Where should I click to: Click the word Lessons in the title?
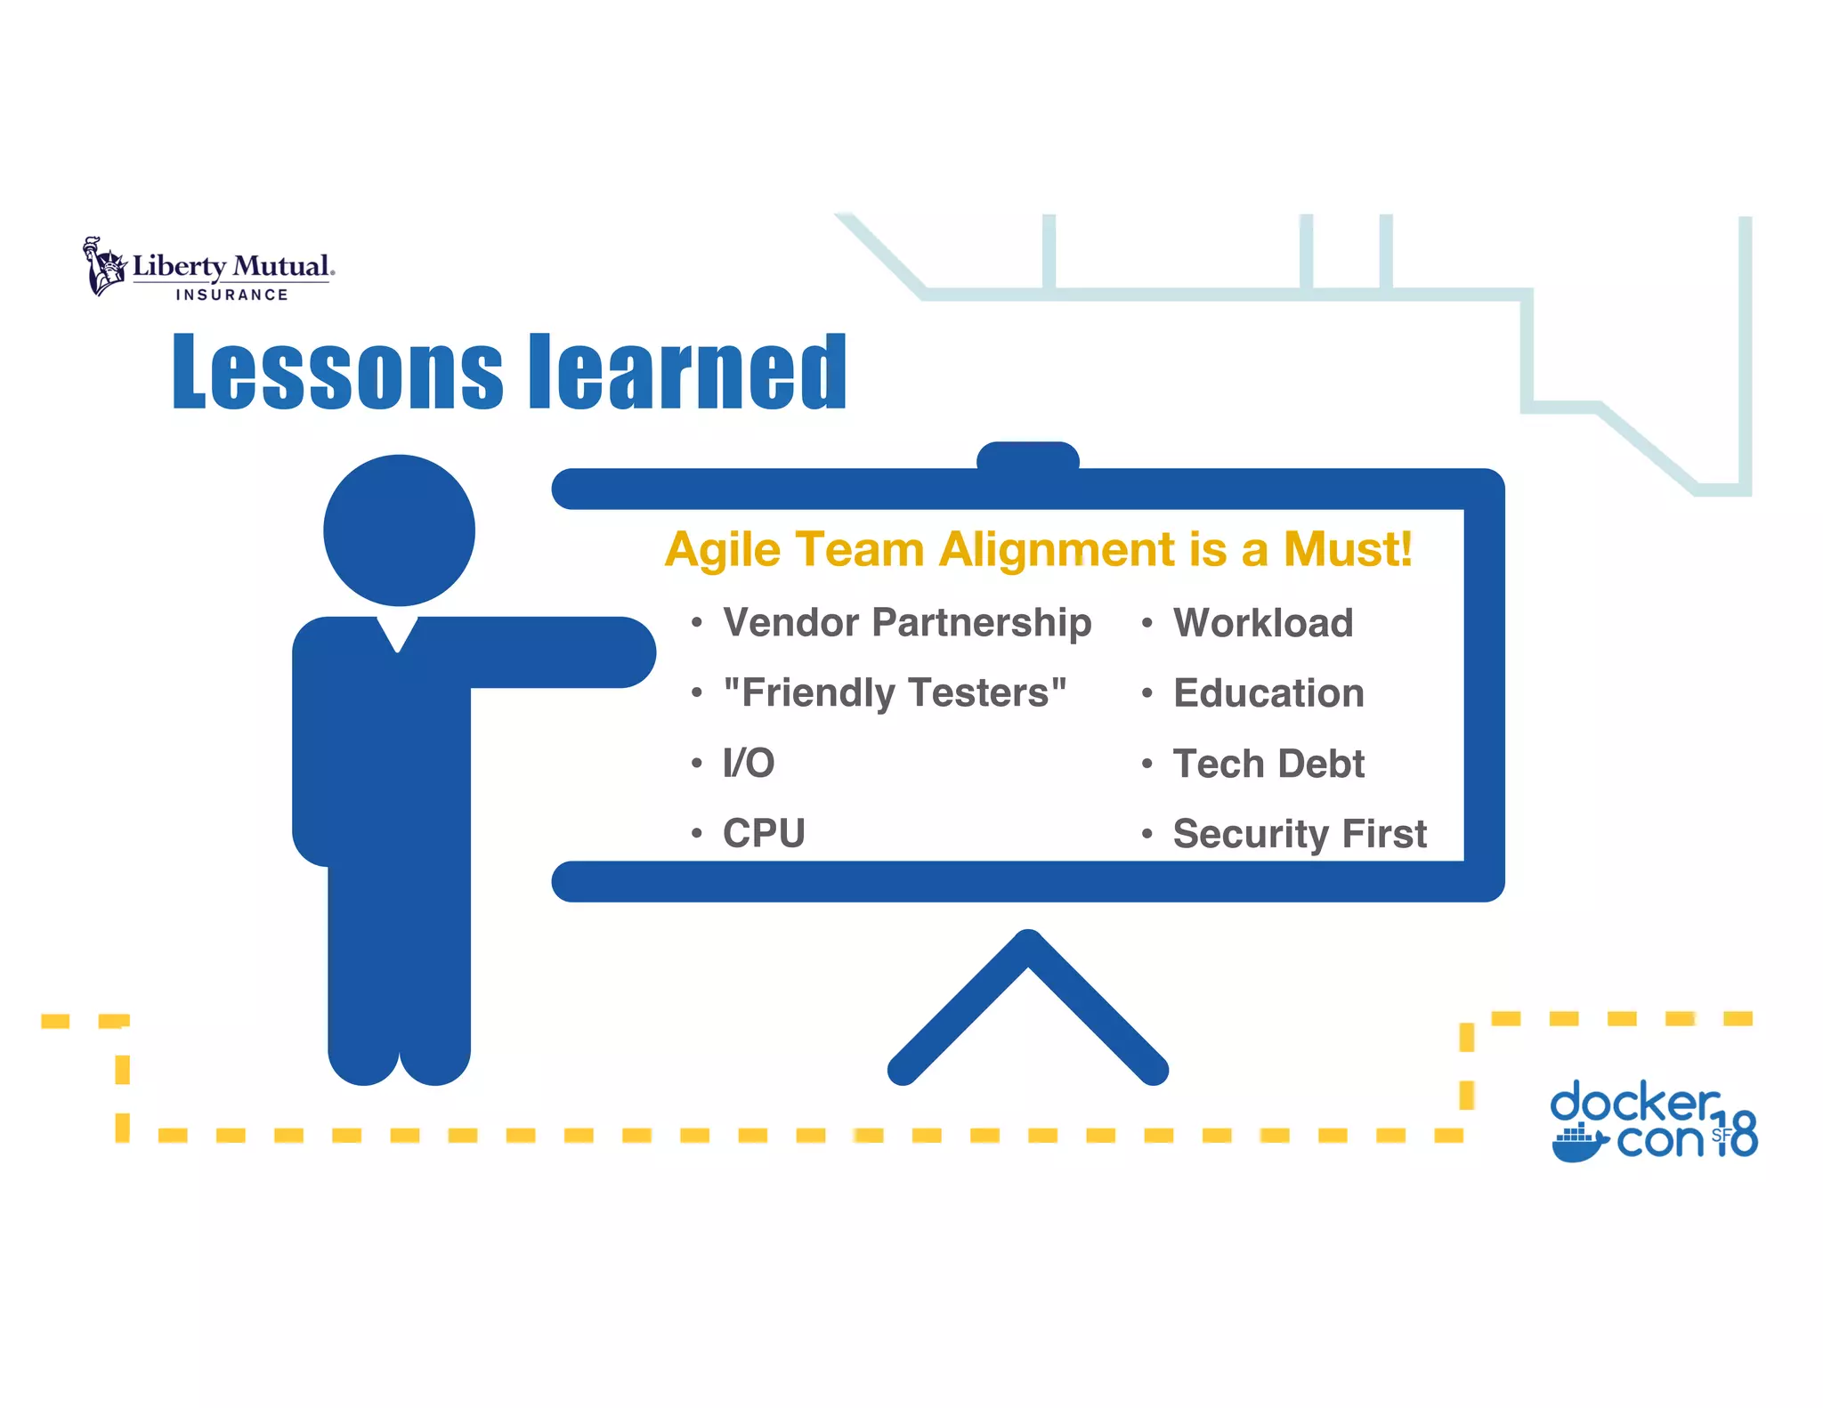[x=337, y=372]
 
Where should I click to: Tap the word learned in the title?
[x=687, y=372]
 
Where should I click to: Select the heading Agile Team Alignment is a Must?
[x=1038, y=549]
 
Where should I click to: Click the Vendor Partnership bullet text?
[x=906, y=622]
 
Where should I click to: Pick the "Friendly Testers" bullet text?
[x=895, y=692]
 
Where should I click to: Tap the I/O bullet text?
[x=749, y=763]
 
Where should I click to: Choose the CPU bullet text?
[x=764, y=833]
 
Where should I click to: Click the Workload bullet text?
[x=1262, y=622]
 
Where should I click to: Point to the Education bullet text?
[x=1268, y=692]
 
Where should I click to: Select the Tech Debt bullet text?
[x=1268, y=764]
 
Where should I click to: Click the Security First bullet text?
[x=1299, y=834]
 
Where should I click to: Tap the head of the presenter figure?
[x=399, y=530]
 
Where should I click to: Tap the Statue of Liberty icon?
[x=104, y=266]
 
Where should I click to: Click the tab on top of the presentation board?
[x=1028, y=457]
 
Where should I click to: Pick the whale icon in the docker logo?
[x=1577, y=1145]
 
